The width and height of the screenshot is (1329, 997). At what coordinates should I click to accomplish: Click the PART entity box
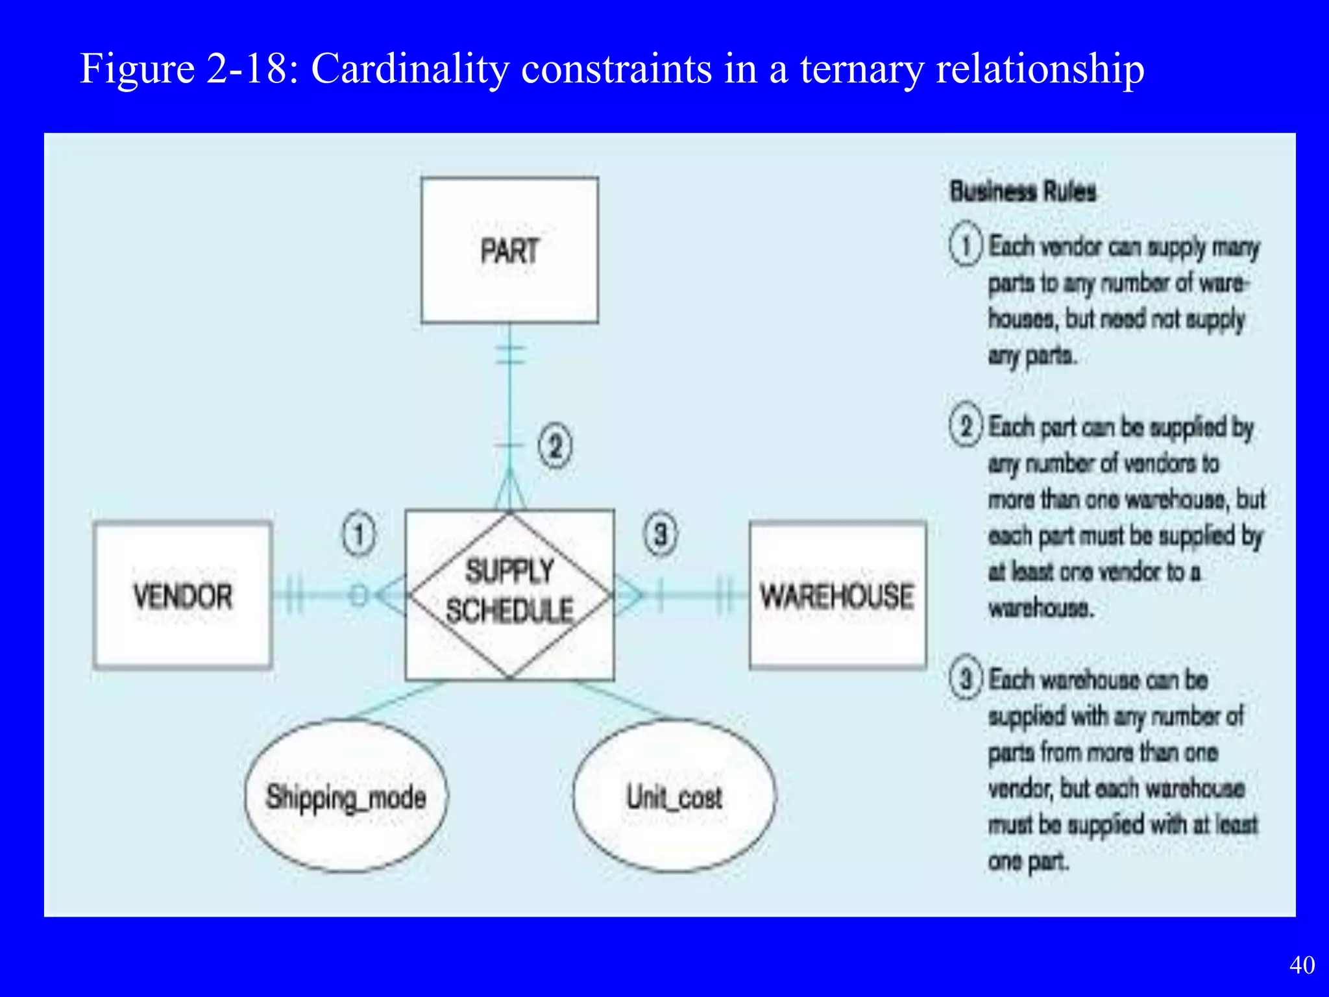(509, 250)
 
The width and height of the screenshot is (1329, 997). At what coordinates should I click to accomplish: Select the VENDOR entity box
(182, 595)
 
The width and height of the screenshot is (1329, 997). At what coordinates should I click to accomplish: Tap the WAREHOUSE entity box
(837, 595)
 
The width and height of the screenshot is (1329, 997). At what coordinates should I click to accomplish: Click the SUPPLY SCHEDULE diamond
(509, 594)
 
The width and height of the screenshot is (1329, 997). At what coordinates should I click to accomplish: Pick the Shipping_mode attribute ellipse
(346, 796)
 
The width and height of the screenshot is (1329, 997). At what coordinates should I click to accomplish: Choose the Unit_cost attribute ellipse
(674, 796)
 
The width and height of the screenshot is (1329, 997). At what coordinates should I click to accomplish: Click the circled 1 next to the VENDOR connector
(359, 534)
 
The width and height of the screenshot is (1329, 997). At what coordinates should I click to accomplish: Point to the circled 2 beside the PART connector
(555, 447)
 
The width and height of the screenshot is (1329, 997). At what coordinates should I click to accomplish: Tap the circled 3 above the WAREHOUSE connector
(661, 534)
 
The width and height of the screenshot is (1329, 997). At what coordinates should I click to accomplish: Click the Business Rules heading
(1023, 191)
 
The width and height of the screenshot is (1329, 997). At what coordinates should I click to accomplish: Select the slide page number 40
(1302, 965)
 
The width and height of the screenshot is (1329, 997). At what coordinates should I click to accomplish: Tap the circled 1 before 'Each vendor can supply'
(966, 246)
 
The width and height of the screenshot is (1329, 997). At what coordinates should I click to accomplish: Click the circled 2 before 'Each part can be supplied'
(966, 426)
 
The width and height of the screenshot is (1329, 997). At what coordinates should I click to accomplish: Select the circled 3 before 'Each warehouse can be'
(966, 679)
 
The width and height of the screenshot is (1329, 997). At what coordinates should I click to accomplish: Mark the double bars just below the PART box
(510, 354)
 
